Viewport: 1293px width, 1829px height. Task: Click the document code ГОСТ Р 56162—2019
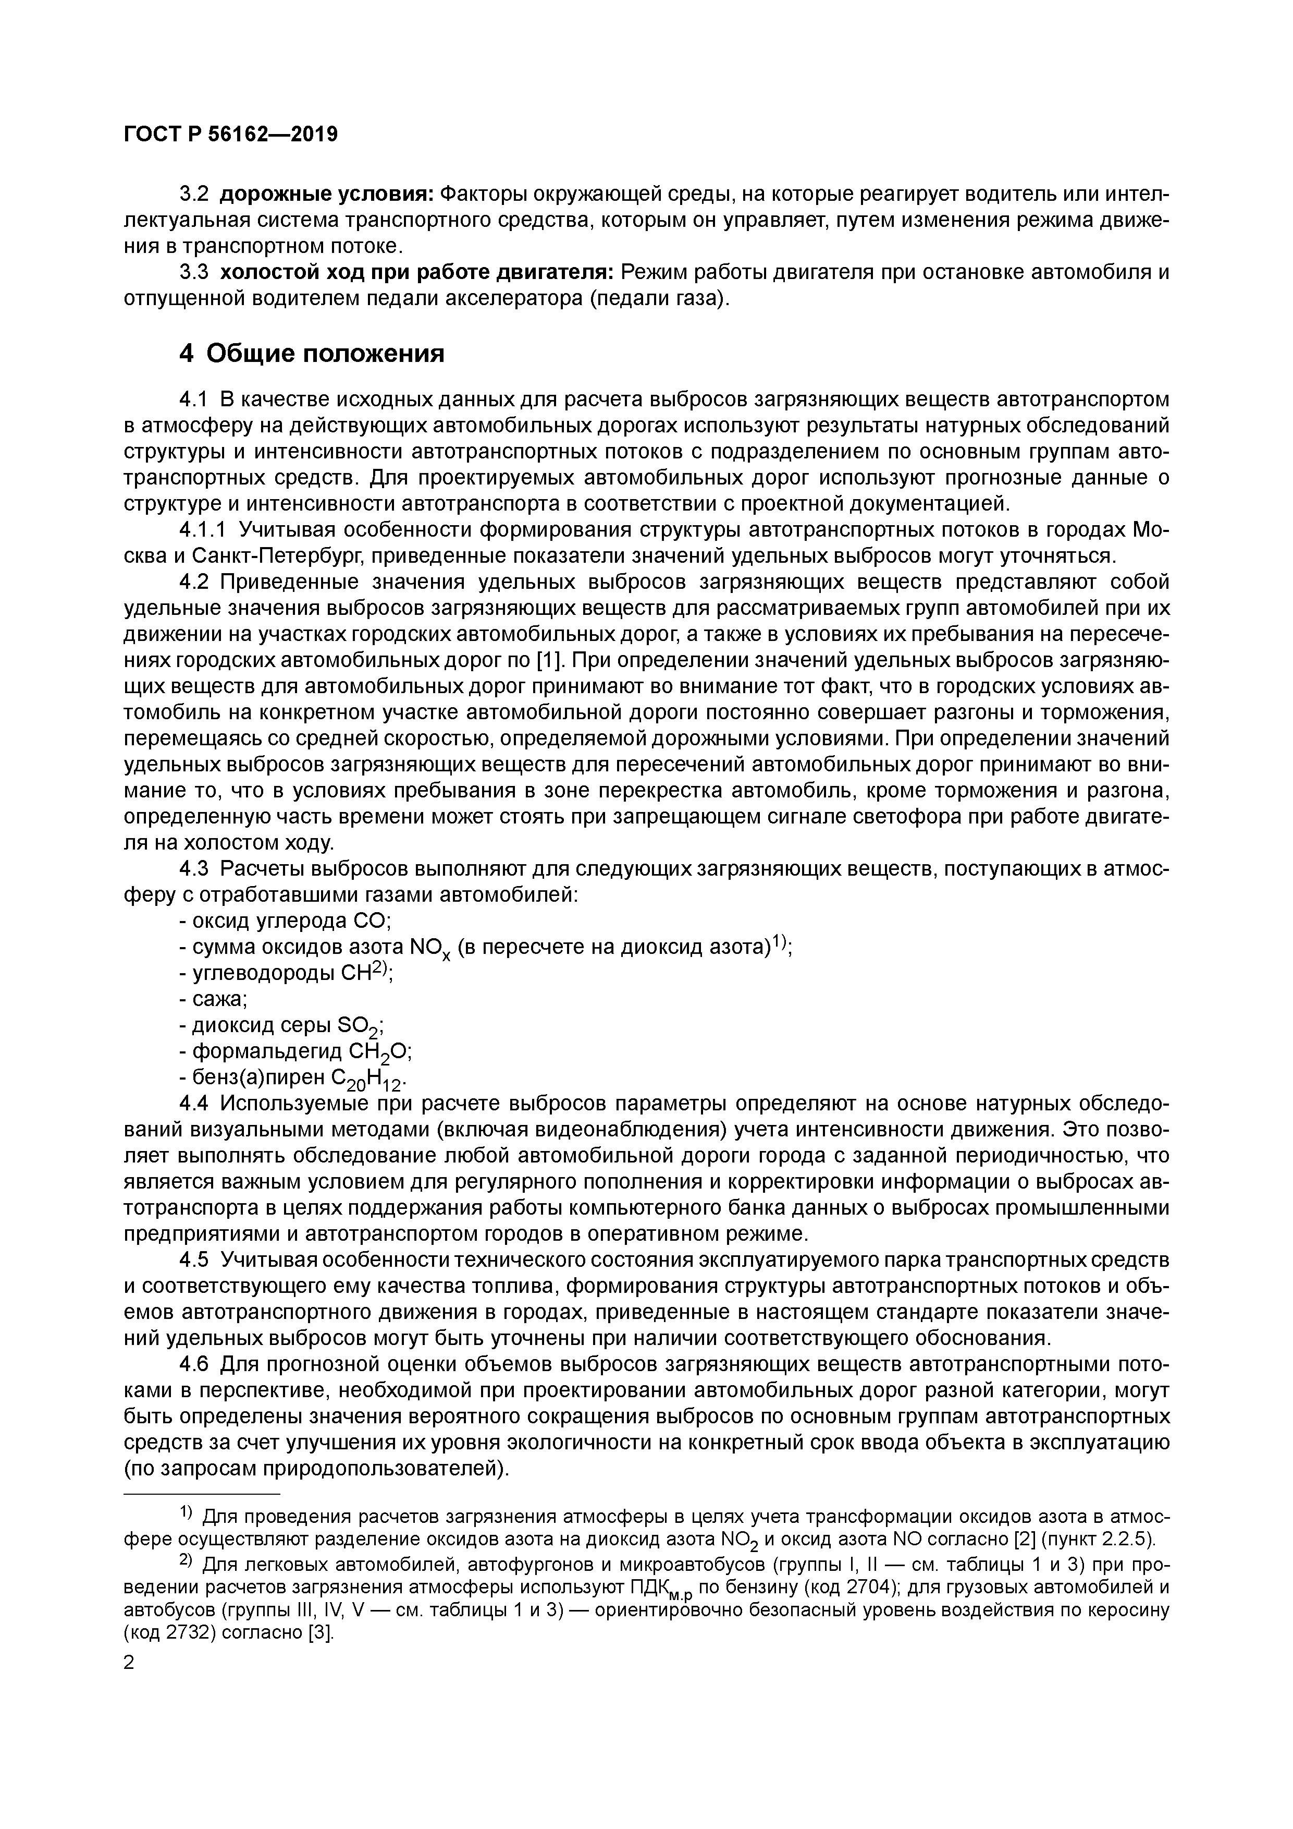tap(231, 135)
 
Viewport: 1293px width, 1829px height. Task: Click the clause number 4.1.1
tap(203, 530)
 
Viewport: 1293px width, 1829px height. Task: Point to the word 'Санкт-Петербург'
tap(278, 556)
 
